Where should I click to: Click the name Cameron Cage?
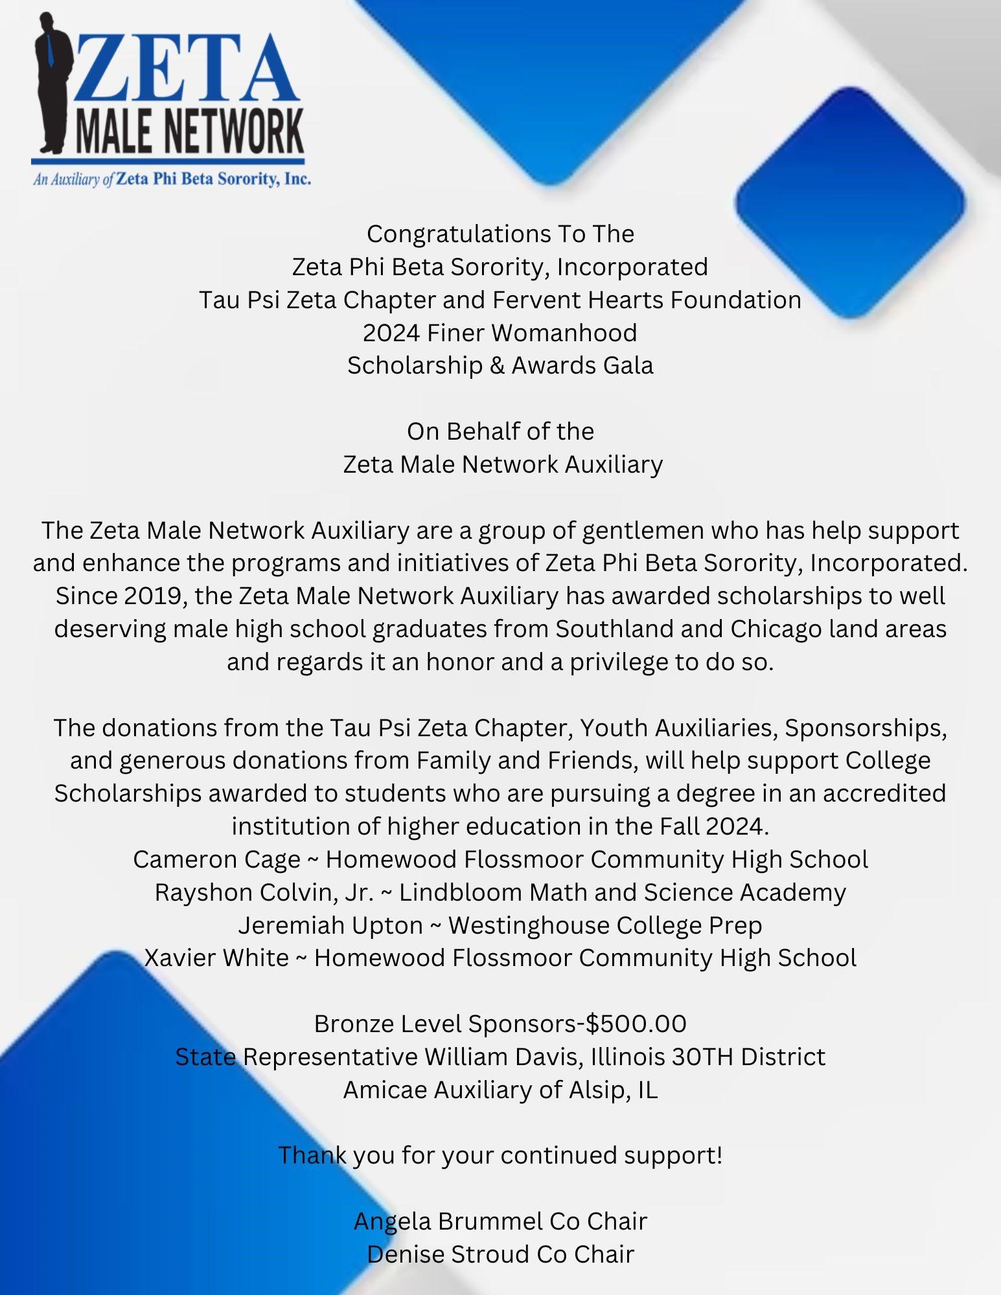tap(216, 859)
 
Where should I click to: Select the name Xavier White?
tap(216, 958)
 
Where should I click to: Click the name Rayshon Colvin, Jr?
tap(264, 892)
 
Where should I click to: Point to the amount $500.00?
tap(636, 1024)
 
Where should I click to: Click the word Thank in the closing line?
tap(312, 1155)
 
